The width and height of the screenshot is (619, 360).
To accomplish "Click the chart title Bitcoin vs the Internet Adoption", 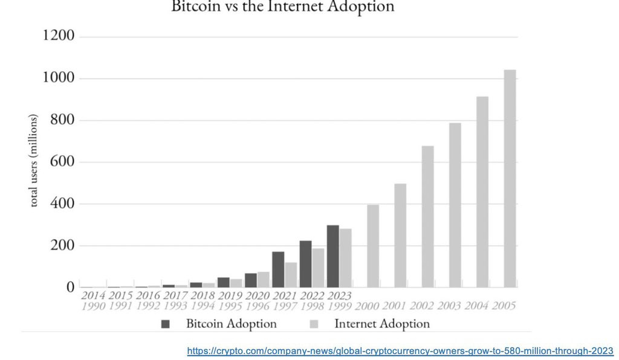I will [x=283, y=7].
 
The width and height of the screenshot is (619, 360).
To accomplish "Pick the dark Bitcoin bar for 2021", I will [x=278, y=269].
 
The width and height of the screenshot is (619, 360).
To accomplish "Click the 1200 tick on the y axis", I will [x=59, y=36].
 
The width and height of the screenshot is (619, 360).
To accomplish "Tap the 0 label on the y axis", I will [x=70, y=287].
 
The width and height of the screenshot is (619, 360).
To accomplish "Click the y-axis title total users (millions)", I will [x=34, y=160].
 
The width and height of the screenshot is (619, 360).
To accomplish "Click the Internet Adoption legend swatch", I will [x=313, y=324].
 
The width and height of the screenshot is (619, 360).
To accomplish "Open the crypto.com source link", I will [x=400, y=351].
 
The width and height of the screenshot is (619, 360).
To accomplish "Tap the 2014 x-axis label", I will [x=92, y=295].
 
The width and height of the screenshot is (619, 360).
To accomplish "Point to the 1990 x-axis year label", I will [x=92, y=306].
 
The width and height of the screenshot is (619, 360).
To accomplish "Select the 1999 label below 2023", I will [x=339, y=306].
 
